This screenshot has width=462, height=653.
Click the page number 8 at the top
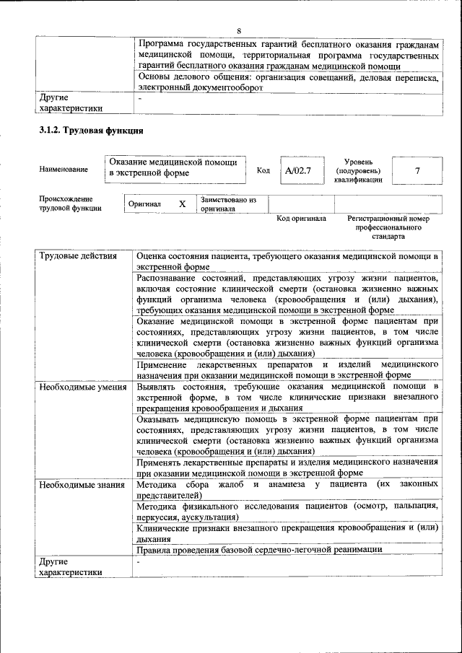click(x=239, y=30)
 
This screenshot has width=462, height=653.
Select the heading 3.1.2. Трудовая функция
click(x=91, y=131)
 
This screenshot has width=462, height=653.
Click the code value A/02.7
click(x=297, y=171)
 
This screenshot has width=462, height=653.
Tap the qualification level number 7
click(x=418, y=171)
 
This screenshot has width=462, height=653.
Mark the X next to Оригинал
click(x=183, y=204)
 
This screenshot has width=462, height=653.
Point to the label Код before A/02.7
click(x=263, y=171)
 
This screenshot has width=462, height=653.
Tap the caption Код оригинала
click(x=301, y=219)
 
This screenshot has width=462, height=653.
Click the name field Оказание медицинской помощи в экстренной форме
click(x=175, y=167)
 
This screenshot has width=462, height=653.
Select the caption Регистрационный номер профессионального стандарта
click(x=388, y=227)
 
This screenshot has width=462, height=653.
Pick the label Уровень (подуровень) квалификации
click(x=358, y=170)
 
